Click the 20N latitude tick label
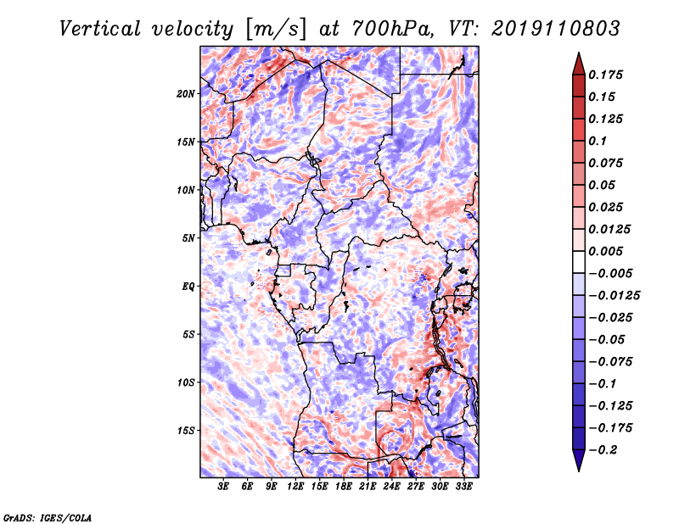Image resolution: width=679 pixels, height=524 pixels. pyautogui.click(x=186, y=94)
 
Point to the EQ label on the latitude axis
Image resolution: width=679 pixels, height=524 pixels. pyautogui.click(x=188, y=287)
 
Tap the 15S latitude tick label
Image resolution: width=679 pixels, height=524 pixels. pyautogui.click(x=186, y=431)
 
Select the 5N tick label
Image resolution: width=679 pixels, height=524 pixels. pyautogui.click(x=188, y=238)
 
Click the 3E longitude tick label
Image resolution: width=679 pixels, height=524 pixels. pyautogui.click(x=223, y=487)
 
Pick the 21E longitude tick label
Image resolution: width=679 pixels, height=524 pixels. pyautogui.click(x=368, y=487)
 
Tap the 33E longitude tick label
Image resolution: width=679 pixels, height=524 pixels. pyautogui.click(x=463, y=487)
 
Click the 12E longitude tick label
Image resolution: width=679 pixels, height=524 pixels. pyautogui.click(x=295, y=487)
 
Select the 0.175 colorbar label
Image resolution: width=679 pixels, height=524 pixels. pyautogui.click(x=606, y=75)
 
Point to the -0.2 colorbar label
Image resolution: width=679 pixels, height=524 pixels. pyautogui.click(x=603, y=450)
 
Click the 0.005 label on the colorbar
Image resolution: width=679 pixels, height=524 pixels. pyautogui.click(x=606, y=251)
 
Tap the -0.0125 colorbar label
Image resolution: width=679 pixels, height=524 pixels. pyautogui.click(x=614, y=296)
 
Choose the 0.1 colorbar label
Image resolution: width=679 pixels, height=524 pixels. pyautogui.click(x=598, y=141)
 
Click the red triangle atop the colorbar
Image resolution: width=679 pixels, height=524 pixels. pyautogui.click(x=579, y=64)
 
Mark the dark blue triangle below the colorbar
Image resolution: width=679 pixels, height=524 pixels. pyautogui.click(x=579, y=460)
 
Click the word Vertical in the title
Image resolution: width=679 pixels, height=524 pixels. pyautogui.click(x=100, y=29)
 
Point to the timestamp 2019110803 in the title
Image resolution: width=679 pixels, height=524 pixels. pyautogui.click(x=556, y=29)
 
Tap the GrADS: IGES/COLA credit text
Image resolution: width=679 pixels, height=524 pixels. pyautogui.click(x=48, y=517)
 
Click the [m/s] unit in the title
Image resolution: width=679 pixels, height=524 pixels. pyautogui.click(x=276, y=29)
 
